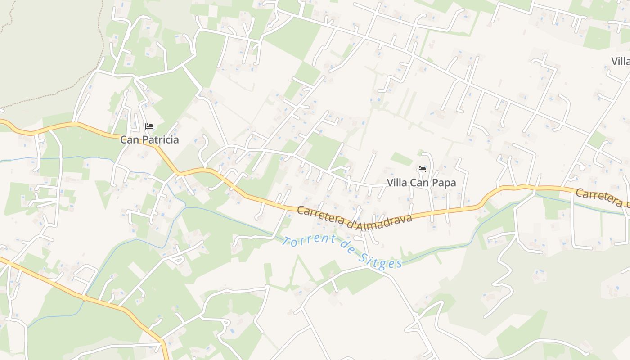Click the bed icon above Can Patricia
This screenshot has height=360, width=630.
pos(149,126)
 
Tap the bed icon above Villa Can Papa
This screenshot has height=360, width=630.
pos(422,169)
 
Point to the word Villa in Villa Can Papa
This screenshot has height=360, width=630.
pos(397,183)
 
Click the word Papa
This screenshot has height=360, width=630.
pos(444,183)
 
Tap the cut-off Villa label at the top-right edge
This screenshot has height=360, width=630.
pos(621,61)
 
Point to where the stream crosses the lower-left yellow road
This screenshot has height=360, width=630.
pos(84,297)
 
